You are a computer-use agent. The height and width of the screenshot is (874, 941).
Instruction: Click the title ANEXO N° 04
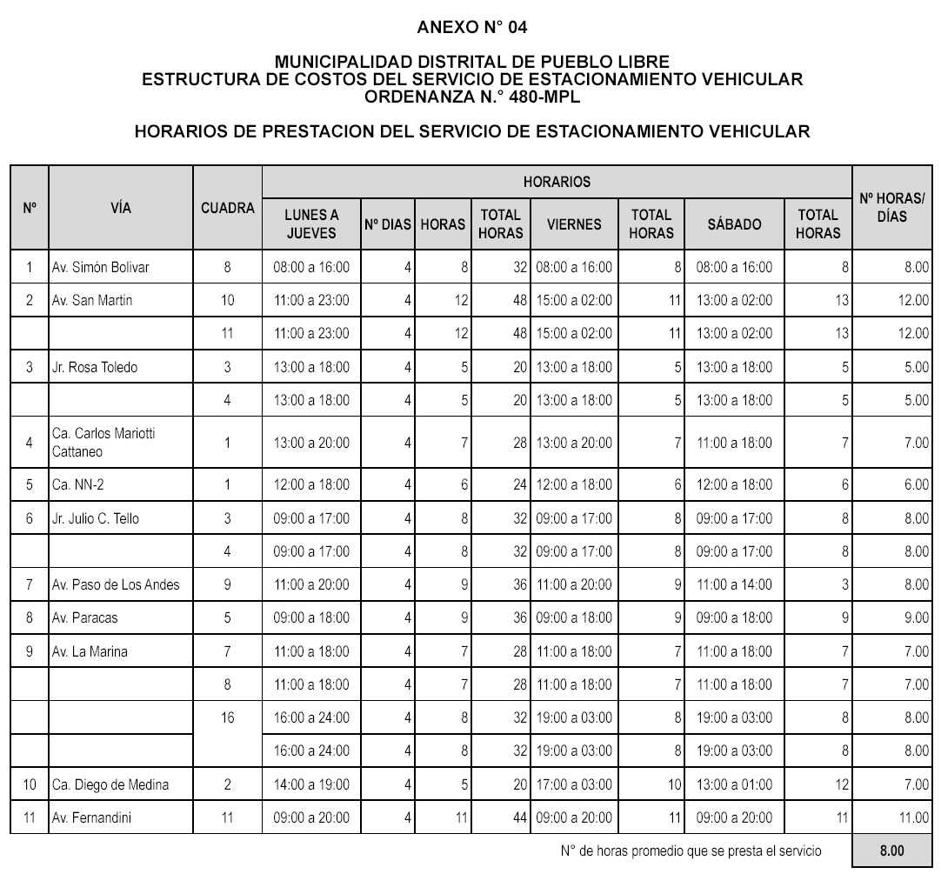471,27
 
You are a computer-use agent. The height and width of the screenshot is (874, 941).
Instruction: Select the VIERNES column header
574,224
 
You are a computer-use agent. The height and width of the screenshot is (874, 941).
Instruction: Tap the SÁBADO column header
734,224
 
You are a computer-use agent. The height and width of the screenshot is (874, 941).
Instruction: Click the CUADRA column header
228,208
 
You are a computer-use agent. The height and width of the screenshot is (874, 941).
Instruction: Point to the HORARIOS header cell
557,182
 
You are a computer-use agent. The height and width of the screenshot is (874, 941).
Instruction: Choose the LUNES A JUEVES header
311,224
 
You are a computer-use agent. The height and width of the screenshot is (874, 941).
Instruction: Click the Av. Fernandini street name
91,817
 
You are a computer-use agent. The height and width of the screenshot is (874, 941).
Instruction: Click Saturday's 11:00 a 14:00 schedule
734,584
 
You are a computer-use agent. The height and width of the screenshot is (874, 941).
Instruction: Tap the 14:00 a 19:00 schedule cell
311,784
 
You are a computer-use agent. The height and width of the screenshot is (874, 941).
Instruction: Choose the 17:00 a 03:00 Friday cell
574,784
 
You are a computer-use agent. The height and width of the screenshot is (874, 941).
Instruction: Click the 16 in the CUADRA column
228,718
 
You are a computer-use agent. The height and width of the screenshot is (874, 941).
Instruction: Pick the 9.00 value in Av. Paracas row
915,617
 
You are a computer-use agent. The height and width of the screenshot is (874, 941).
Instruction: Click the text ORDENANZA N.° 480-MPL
471,97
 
